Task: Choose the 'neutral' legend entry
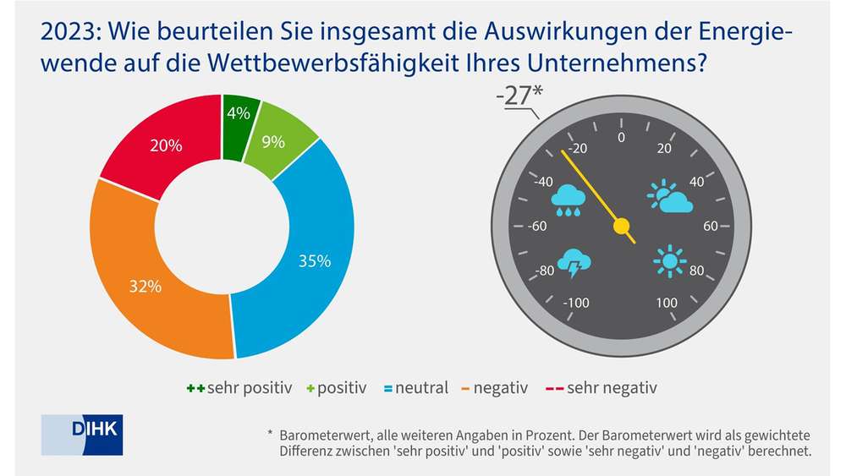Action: tap(415, 388)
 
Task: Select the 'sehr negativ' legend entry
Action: tap(602, 388)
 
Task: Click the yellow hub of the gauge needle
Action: tap(622, 226)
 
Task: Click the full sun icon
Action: tap(669, 261)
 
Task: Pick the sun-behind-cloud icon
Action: tap(670, 197)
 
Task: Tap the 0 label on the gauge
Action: tap(622, 137)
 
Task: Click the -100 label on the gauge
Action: tap(576, 303)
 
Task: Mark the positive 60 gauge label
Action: tap(710, 226)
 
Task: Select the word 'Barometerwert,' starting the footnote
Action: tap(321, 434)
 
